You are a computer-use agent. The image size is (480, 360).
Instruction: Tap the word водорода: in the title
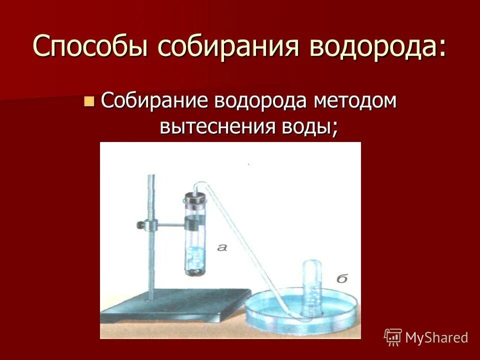tap(378, 47)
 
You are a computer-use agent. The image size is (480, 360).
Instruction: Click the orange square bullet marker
tap(89, 102)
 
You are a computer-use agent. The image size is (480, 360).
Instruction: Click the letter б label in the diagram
tap(341, 278)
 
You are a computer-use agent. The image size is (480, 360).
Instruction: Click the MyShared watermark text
tap(436, 337)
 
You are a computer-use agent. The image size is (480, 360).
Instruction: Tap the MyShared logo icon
tap(392, 337)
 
